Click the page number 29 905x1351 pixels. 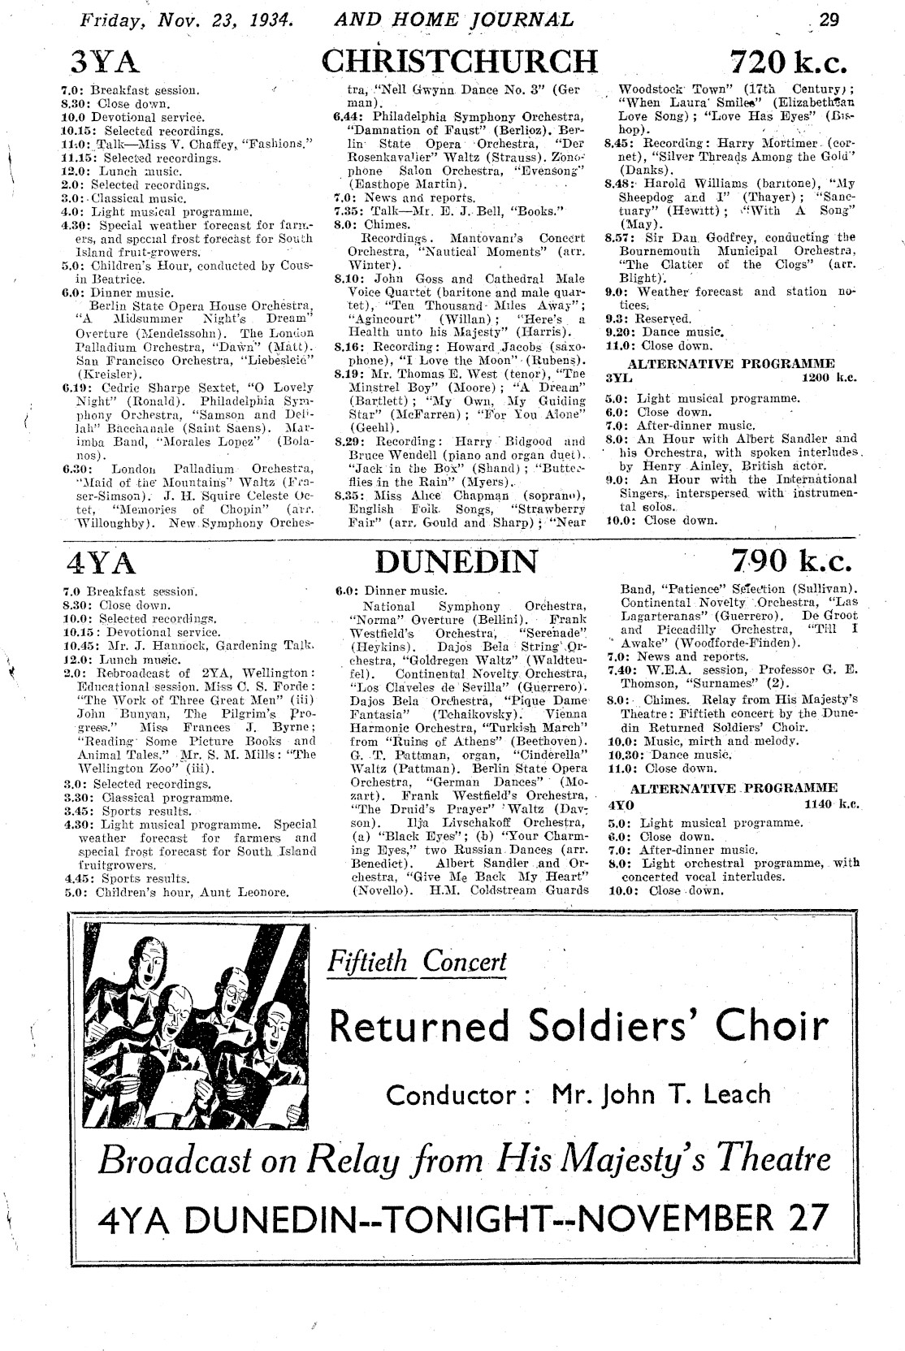pos(830,19)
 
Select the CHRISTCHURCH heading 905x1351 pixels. pos(460,62)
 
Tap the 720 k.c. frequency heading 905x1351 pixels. pos(788,62)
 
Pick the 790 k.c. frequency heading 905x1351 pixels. pos(788,561)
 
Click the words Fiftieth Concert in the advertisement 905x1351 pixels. pos(417,962)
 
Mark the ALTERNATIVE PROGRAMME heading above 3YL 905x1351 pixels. pos(731,363)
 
